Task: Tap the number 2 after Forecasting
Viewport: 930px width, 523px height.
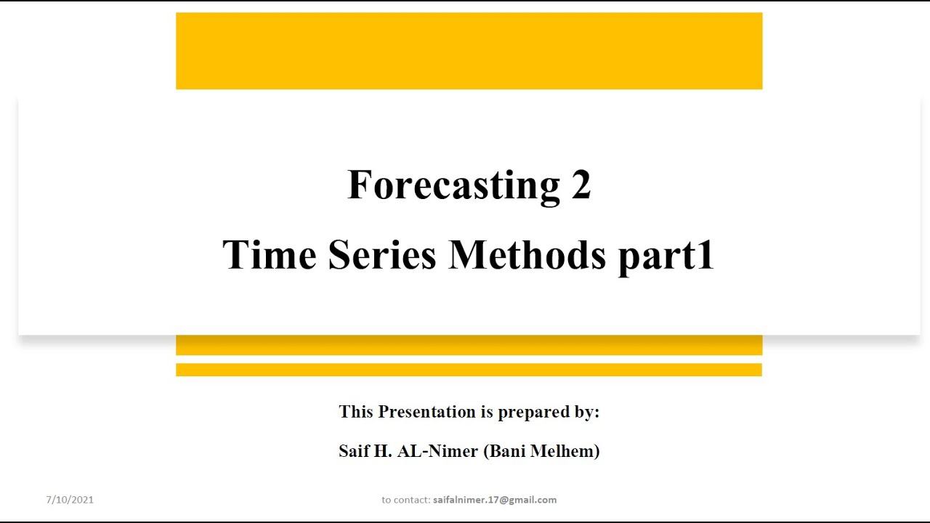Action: (581, 185)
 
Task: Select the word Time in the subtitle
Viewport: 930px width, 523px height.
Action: (269, 255)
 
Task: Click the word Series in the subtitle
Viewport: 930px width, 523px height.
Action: (382, 255)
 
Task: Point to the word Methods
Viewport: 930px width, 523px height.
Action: (527, 255)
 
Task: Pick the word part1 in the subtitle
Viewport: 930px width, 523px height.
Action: (666, 256)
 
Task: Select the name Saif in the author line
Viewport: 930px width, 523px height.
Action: (353, 451)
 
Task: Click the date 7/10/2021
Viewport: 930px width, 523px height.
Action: (70, 500)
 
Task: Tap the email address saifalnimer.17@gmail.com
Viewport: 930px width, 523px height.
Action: (495, 500)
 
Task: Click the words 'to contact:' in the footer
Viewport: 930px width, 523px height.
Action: (405, 500)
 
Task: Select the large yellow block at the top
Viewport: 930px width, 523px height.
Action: (469, 51)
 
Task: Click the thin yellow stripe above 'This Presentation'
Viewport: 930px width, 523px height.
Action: (469, 370)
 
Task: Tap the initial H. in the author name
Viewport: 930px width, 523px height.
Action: (382, 451)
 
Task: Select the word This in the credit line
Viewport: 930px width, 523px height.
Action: (356, 412)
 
